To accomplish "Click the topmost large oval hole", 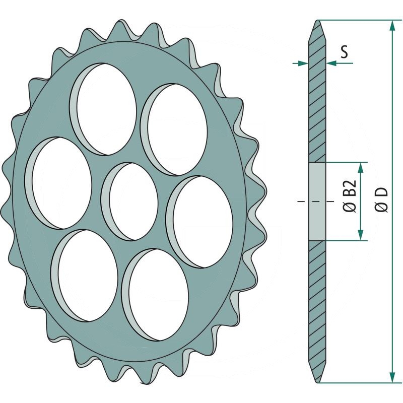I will pyautogui.click(x=103, y=109).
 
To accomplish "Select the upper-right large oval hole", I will pyautogui.click(x=174, y=129).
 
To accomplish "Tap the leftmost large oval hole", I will pyautogui.click(x=61, y=182).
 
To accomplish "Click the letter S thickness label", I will pyautogui.click(x=343, y=51).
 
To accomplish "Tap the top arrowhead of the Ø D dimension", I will pyautogui.click(x=391, y=25).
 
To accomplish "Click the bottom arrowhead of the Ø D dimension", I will pyautogui.click(x=391, y=377).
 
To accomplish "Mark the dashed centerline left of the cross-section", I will pyautogui.click(x=302, y=201).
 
